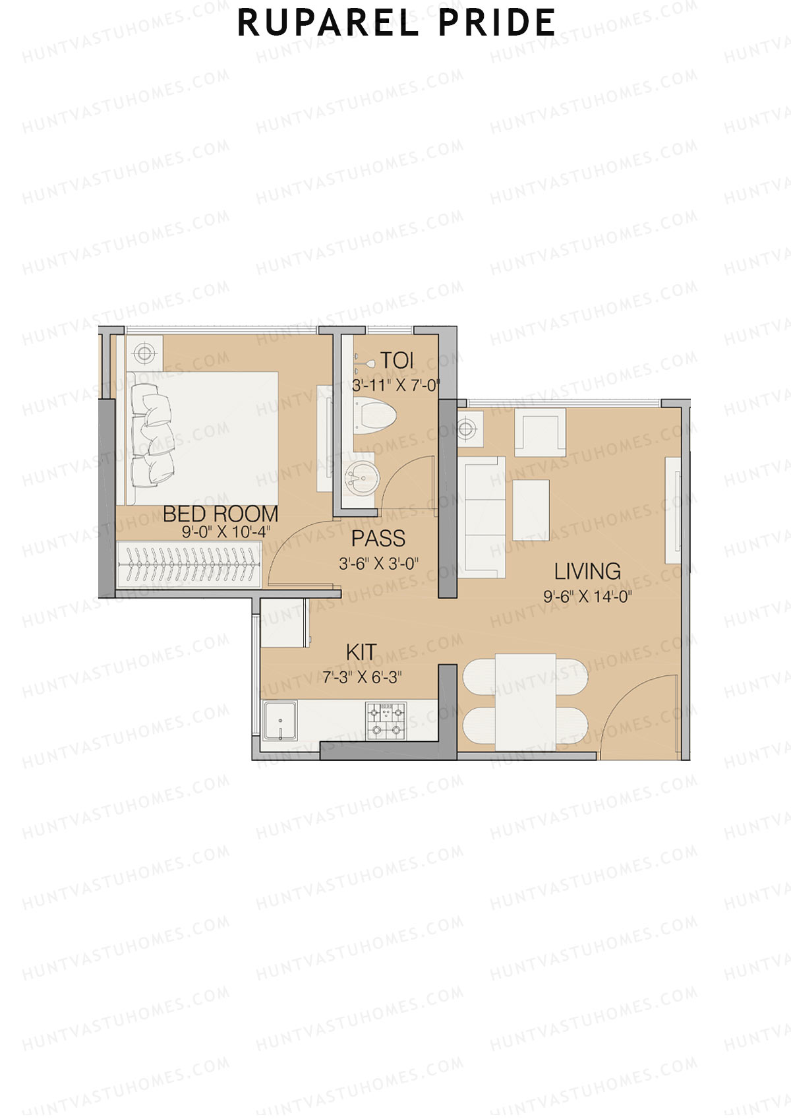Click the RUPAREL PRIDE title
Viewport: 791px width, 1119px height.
395,23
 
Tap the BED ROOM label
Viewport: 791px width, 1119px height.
220,514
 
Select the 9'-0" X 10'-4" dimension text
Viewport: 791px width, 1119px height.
226,532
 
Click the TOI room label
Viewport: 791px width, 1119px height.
397,361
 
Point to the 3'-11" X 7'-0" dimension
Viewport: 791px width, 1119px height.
395,386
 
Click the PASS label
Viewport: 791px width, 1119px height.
378,539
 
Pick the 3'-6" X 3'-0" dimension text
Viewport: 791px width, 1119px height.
378,564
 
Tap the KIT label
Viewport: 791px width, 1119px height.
361,652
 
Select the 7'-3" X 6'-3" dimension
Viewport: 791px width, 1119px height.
362,677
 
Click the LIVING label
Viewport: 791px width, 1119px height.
587,571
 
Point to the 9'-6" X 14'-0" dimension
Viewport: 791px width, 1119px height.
587,597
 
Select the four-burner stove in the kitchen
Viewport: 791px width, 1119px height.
386,720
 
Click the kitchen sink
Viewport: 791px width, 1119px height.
280,720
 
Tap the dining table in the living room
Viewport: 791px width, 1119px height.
525,702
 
